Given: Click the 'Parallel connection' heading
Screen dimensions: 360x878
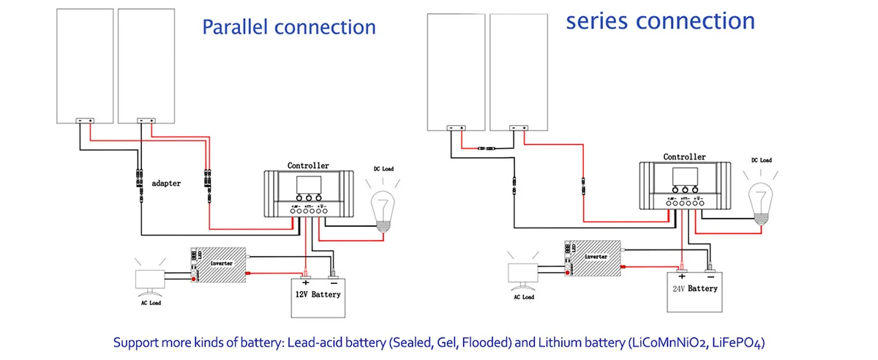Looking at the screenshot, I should pos(288,27).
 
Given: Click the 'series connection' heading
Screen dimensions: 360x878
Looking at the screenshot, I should pos(660,20).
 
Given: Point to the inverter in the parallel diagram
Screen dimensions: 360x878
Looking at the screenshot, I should pos(219,265).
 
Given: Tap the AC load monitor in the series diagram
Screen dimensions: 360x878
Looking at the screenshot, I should pos(524,272).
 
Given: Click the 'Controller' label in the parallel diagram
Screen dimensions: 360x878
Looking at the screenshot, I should pos(308,166).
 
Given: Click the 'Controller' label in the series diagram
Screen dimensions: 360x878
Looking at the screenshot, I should pos(684,157).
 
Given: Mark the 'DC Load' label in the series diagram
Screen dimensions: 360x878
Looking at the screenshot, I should pos(761,160).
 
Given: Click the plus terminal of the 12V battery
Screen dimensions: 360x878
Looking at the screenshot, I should pos(306,280).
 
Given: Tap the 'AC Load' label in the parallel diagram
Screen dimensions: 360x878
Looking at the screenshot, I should pos(150,303).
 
